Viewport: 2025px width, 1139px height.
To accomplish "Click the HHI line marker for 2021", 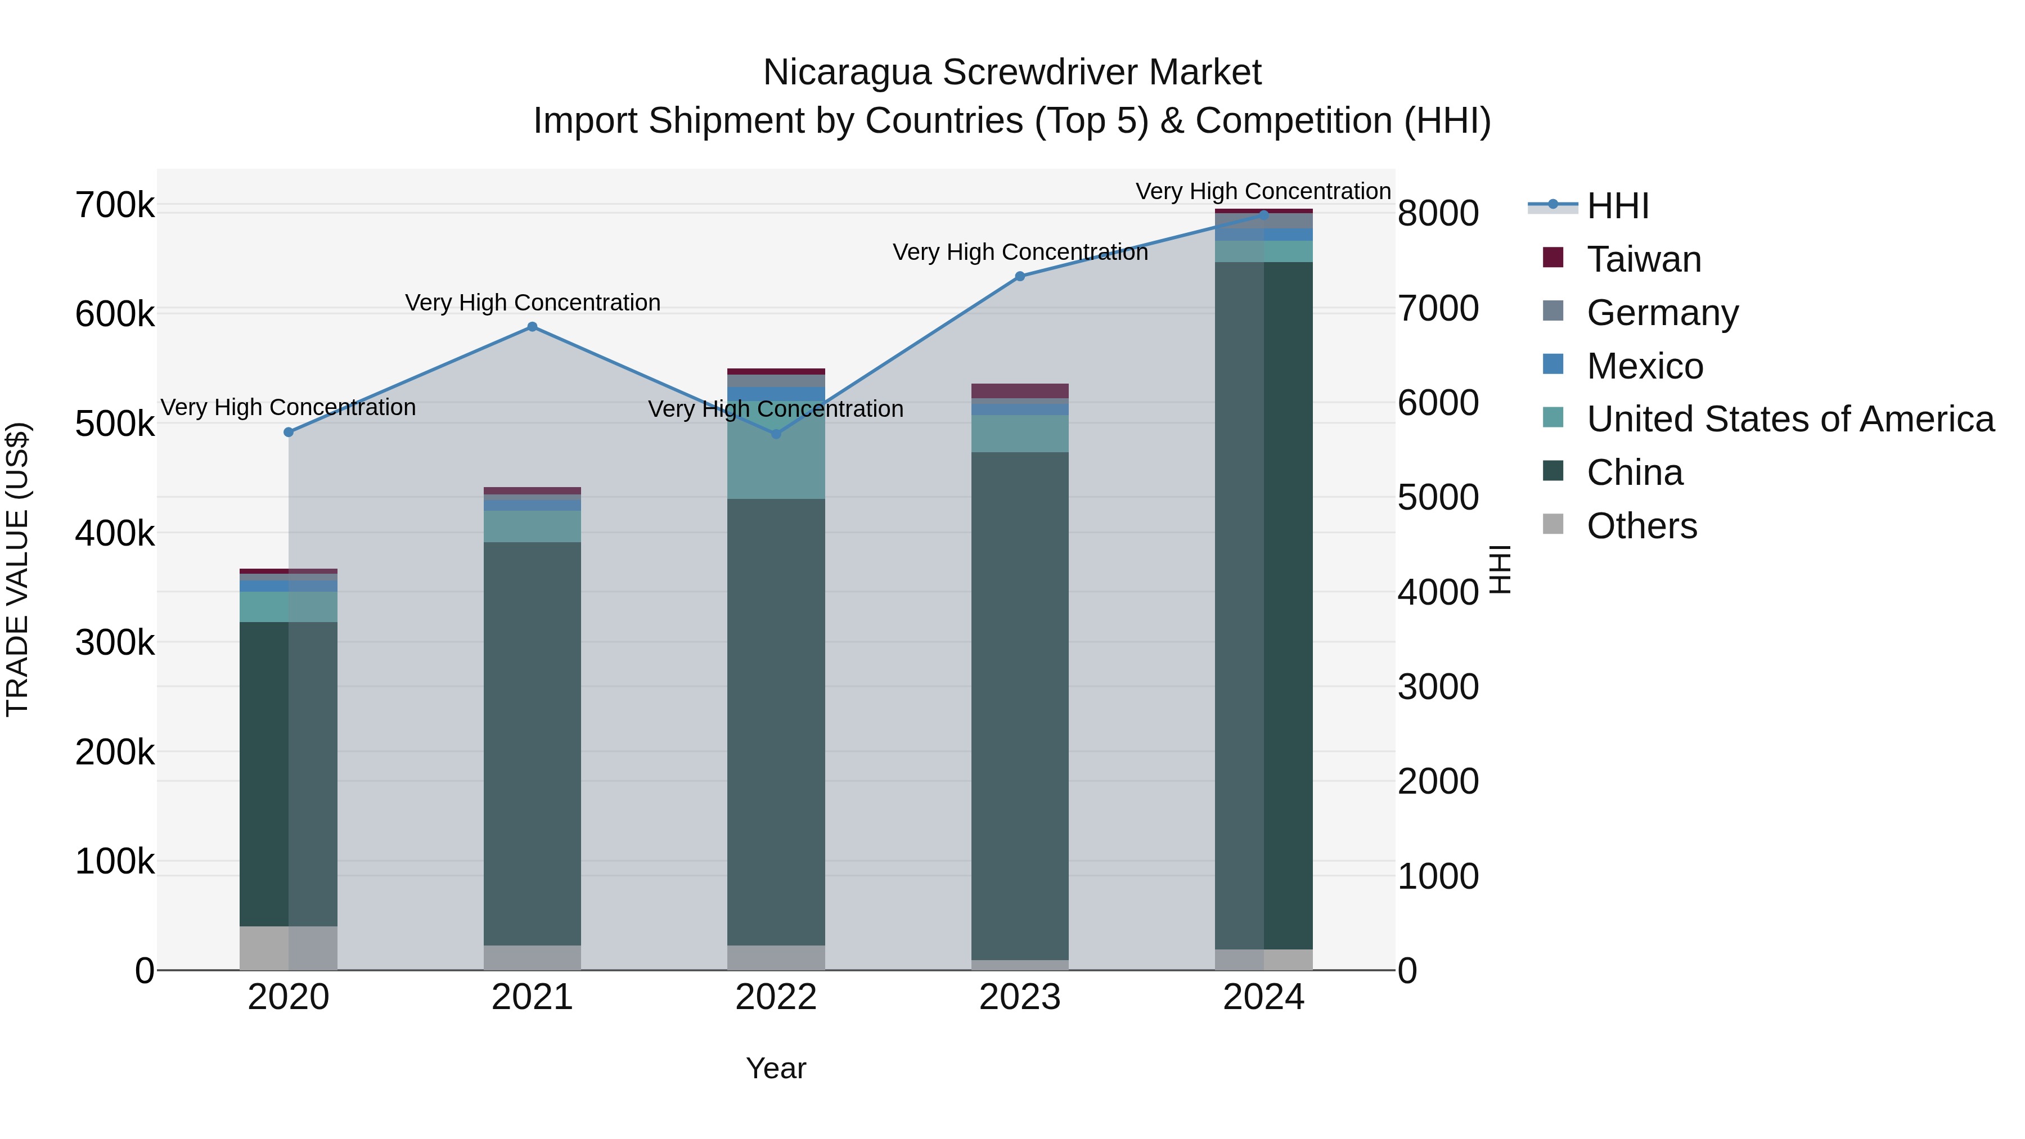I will [x=532, y=327].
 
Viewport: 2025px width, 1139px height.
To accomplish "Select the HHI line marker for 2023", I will [x=1020, y=277].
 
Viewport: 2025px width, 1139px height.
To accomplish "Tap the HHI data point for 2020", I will [x=289, y=433].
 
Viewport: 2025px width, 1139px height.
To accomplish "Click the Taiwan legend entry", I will [x=1644, y=259].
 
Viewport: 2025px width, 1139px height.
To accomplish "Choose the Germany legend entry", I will [x=1662, y=313].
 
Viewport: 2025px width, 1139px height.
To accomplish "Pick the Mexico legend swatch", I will [x=1553, y=364].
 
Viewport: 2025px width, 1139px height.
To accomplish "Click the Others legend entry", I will [x=1641, y=526].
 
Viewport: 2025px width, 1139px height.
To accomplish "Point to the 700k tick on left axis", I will [x=115, y=206].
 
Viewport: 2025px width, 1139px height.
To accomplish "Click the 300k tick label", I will [x=115, y=643].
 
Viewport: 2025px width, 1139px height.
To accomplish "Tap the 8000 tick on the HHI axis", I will [x=1438, y=214].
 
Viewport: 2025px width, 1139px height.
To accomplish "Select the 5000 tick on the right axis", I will [x=1438, y=498].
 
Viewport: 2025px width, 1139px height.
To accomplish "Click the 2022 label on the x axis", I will [x=776, y=997].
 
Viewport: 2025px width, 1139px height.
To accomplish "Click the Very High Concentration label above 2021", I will [x=532, y=303].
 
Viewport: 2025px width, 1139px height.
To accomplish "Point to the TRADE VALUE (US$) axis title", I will [x=17, y=569].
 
